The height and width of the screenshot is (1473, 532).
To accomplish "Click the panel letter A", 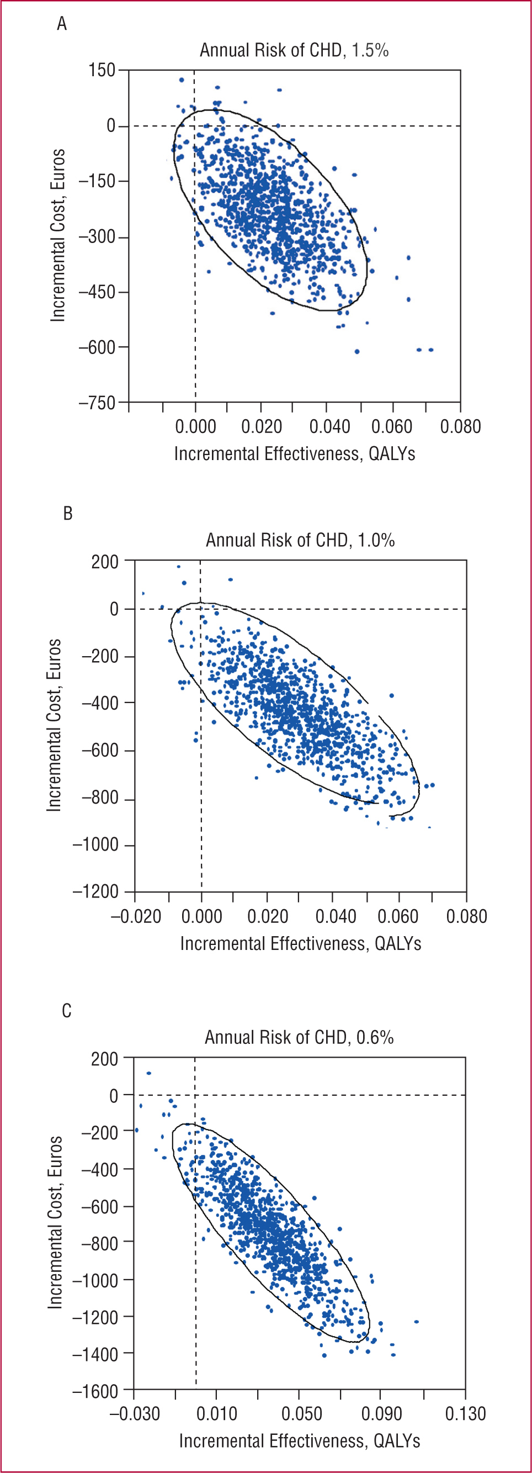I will coord(62,24).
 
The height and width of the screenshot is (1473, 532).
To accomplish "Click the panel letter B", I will coord(67,514).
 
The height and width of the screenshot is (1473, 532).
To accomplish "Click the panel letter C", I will coord(66,1011).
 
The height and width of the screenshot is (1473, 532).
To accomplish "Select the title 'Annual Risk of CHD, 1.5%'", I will coord(294,50).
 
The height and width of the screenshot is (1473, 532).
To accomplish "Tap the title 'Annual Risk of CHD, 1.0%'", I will coord(300,540).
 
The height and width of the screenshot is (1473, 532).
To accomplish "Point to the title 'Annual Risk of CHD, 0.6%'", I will coord(299,1037).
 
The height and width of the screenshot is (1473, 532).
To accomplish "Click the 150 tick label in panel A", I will coord(102,70).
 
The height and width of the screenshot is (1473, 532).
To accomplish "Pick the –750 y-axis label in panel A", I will coord(97,403).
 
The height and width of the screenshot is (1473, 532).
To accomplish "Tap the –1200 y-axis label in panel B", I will coord(95,891).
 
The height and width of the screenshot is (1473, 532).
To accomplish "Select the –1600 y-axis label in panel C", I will coord(95,1391).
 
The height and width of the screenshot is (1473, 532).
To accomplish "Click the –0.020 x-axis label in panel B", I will coord(135,917).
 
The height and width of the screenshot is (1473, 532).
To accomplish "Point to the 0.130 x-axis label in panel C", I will coord(465,1414).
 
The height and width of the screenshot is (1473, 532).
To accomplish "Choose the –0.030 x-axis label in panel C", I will coord(134,1414).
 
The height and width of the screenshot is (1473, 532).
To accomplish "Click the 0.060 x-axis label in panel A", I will coord(391,426).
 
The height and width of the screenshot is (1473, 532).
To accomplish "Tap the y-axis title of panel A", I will coord(58,236).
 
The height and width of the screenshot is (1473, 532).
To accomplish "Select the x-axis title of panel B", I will coord(301,943).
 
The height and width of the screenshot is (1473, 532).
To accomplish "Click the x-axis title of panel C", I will coord(300,1441).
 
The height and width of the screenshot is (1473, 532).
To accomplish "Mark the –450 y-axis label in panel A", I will coord(97,292).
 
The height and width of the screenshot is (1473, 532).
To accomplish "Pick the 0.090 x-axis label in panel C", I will coord(381,1414).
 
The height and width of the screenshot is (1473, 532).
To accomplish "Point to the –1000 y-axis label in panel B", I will coord(95,844).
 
